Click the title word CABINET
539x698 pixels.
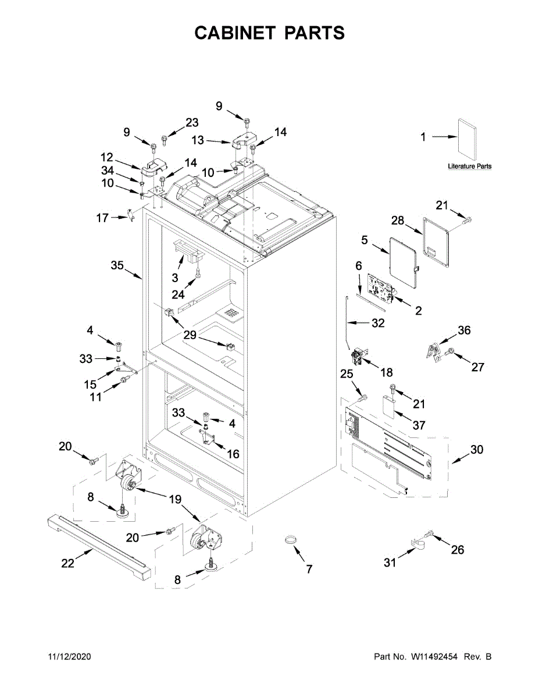point(235,33)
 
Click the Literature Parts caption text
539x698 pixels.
point(469,166)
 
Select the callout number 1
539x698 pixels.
point(423,137)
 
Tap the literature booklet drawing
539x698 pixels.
point(467,140)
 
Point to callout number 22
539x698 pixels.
point(68,563)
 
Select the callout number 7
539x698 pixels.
point(309,569)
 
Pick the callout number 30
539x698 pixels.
point(477,450)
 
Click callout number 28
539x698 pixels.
point(397,220)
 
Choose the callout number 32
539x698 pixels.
point(378,323)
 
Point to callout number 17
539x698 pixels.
point(102,218)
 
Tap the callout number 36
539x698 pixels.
point(464,330)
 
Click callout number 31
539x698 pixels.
point(390,562)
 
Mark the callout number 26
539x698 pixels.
point(458,549)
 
